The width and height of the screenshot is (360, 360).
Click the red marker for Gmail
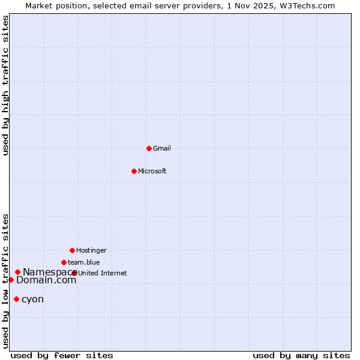click(x=149, y=148)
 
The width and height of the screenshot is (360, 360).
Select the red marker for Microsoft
click(x=134, y=171)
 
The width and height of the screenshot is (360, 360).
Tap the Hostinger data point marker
click(x=72, y=250)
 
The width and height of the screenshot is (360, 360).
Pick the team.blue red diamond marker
click(x=64, y=262)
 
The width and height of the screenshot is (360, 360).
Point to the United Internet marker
click(x=74, y=273)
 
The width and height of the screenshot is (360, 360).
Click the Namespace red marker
click(x=17, y=272)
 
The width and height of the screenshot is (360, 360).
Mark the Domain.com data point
click(x=11, y=280)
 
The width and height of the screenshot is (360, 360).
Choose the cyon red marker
click(x=16, y=299)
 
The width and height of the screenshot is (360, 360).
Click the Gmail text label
click(x=162, y=148)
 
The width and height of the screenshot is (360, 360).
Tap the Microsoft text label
click(x=152, y=171)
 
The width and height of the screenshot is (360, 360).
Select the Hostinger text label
click(x=91, y=250)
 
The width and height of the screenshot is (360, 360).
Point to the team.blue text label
click(x=84, y=262)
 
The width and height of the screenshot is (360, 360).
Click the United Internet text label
click(x=103, y=273)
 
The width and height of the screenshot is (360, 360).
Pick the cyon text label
click(x=32, y=299)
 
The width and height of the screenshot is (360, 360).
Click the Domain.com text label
click(x=46, y=280)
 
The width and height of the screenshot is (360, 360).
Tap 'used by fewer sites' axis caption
click(x=62, y=355)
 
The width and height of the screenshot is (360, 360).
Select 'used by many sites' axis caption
click(x=301, y=355)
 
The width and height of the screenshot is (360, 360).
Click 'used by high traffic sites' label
click(x=5, y=85)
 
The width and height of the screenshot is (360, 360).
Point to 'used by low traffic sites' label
click(x=5, y=281)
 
